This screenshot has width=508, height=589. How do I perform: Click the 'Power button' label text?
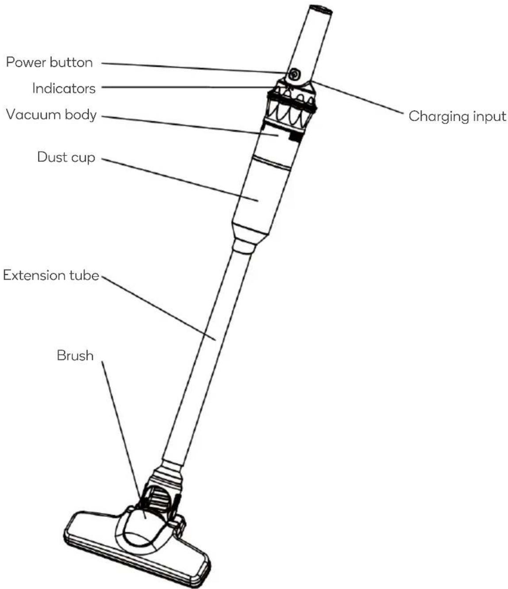[49, 62]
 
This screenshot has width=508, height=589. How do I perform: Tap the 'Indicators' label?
[64, 89]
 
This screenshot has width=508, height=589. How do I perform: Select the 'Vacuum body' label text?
[52, 115]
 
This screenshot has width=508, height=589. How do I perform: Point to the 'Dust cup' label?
[66, 158]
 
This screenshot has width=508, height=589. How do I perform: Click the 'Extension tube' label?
[51, 275]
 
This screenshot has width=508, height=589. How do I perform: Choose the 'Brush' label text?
[75, 356]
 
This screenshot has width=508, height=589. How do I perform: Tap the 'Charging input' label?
[457, 117]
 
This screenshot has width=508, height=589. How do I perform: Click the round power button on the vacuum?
[293, 75]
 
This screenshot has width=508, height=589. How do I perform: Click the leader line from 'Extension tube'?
[159, 308]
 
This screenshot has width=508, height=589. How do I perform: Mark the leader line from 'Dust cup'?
[180, 180]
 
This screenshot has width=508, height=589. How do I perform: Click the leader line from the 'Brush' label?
[123, 440]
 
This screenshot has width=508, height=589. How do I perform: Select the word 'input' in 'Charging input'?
[489, 117]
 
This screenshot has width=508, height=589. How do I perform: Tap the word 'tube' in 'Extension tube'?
[84, 275]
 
